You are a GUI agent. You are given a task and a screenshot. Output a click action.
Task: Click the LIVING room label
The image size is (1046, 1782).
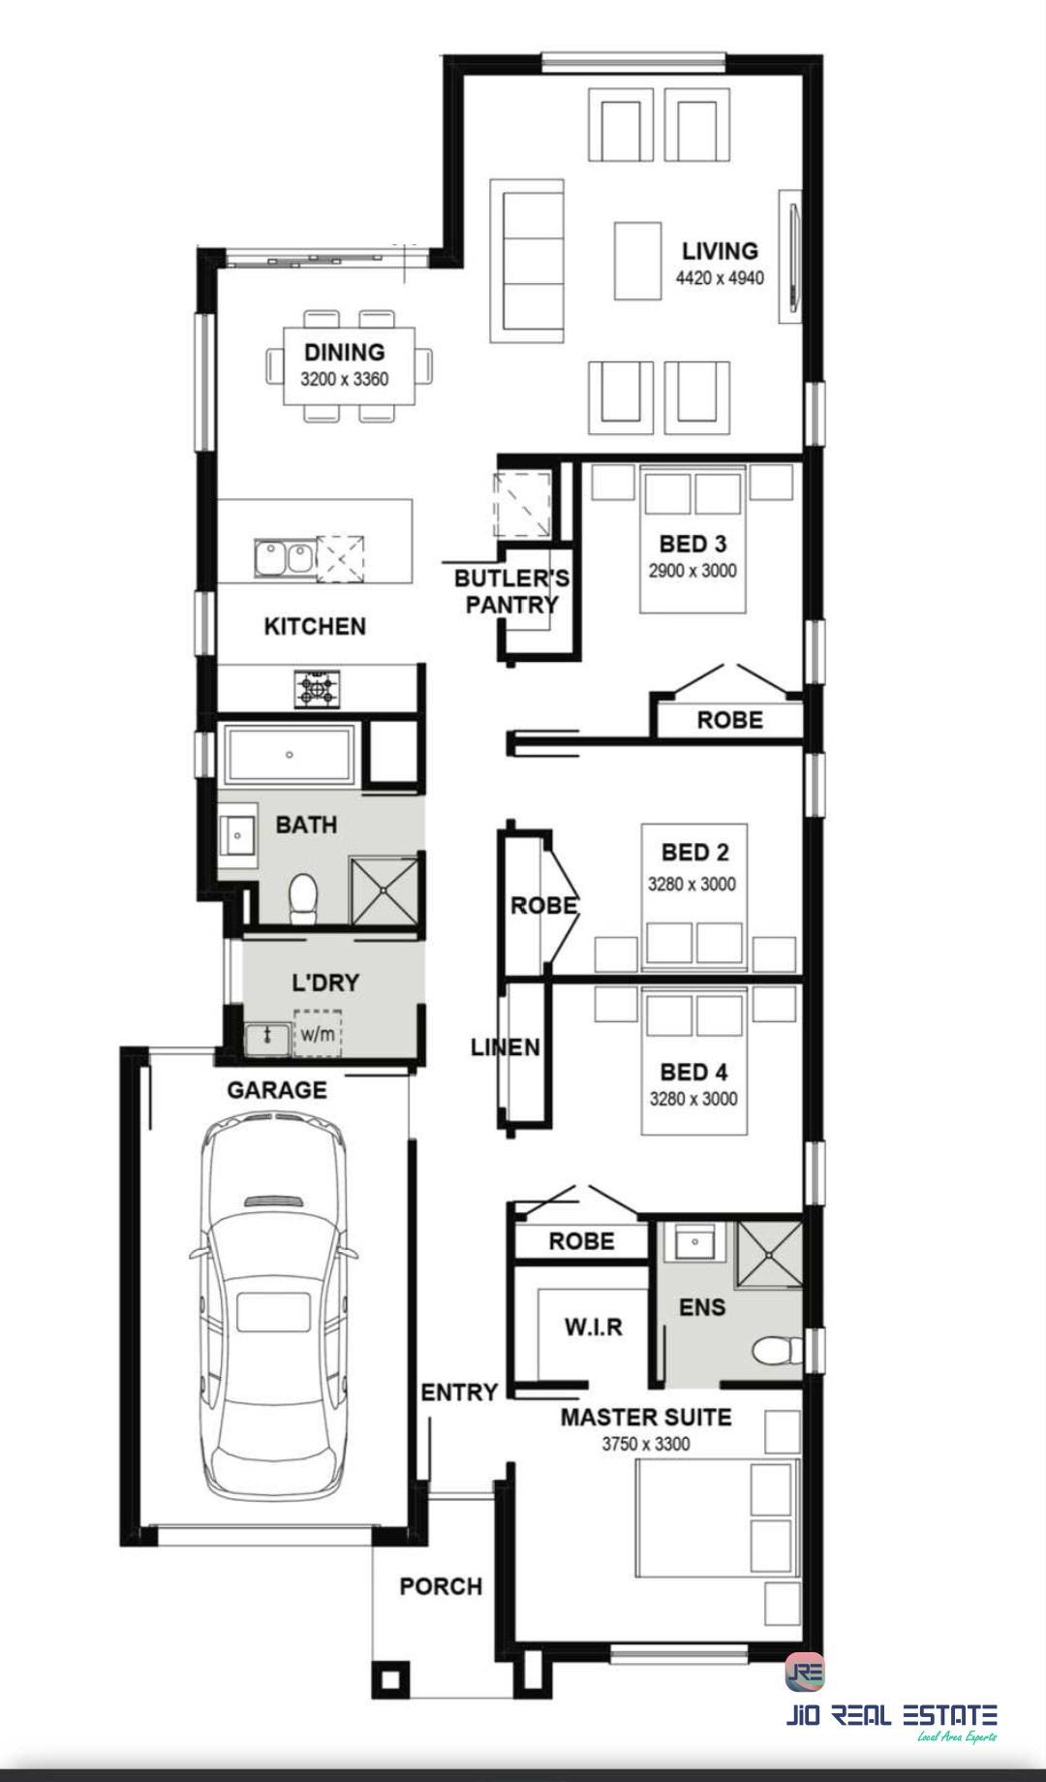(720, 251)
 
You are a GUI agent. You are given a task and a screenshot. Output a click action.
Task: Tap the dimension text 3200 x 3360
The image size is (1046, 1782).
(344, 379)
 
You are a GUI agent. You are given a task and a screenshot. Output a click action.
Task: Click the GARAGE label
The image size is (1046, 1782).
(277, 1090)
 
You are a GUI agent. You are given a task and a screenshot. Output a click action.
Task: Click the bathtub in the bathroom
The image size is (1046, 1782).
(289, 754)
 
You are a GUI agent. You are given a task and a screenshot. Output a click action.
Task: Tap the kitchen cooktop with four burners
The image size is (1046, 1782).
(318, 689)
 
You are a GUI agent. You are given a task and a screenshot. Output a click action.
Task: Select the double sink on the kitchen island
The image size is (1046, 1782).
(285, 558)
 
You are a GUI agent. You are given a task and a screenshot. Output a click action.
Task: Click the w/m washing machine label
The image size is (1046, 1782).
(317, 1034)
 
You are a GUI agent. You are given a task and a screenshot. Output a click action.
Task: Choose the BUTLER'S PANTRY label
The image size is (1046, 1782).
(511, 591)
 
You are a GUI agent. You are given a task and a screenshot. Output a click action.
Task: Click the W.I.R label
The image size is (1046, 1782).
(594, 1327)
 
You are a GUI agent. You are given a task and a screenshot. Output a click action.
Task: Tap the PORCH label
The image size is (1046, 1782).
(441, 1586)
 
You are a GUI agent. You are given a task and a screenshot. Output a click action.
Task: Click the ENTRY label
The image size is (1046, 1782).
(459, 1392)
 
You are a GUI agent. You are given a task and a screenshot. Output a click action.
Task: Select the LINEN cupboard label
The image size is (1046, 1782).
(506, 1047)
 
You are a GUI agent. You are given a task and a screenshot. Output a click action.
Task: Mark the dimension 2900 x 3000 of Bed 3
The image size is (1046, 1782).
(692, 571)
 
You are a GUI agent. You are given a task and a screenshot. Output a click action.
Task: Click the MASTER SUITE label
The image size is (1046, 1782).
(646, 1418)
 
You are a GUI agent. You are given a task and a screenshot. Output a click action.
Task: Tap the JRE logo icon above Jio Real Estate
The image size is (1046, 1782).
(805, 1672)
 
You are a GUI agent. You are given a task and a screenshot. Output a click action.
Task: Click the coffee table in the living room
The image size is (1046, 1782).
(637, 261)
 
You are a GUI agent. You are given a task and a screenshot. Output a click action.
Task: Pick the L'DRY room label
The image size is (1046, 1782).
(325, 983)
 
